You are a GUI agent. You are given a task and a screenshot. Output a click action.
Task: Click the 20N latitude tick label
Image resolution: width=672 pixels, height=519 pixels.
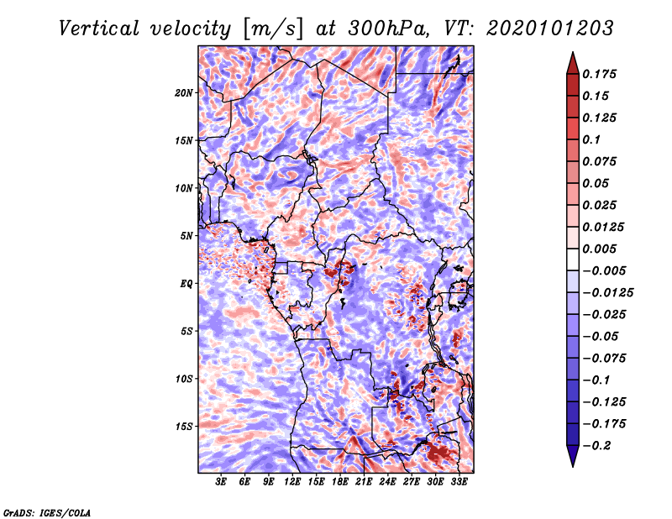coord(184,92)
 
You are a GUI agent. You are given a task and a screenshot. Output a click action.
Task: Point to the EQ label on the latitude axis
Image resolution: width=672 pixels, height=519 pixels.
coord(186,284)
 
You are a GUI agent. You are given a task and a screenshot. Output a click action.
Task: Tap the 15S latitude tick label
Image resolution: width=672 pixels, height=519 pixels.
coord(184,427)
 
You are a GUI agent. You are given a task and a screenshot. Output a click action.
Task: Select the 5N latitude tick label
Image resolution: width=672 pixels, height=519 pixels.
coord(186,236)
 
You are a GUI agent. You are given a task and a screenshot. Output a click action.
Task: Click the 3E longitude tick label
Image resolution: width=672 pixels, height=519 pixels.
coord(222,482)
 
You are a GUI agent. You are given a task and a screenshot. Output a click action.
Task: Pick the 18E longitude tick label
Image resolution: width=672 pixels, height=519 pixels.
coord(340,482)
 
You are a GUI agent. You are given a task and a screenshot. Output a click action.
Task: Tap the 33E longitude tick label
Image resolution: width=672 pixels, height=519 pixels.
coord(459,482)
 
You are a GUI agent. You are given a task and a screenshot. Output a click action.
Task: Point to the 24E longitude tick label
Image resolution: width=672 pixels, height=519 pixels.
coord(388,482)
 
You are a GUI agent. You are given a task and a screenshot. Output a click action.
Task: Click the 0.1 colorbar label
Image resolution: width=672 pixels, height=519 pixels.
coord(591,139)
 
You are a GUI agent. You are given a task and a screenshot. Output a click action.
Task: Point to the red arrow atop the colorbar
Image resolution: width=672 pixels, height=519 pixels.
coord(572,62)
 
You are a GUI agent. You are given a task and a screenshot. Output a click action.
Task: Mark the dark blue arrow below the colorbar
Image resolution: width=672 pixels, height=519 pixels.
coord(572,456)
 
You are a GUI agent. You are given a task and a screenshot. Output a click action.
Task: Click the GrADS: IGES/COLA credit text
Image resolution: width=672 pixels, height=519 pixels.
coord(47,511)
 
